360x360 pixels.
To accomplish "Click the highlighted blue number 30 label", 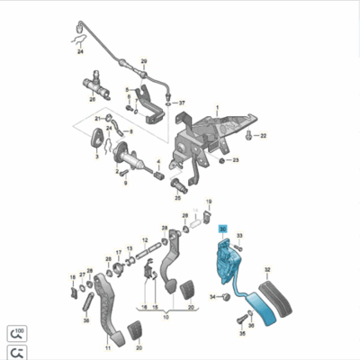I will pos(222,230).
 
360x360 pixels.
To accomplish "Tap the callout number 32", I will pos(266,269).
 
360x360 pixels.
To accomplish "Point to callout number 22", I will pos(265,135).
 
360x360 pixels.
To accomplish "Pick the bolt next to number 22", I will pos(250,135).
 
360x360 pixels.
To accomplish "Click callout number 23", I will pos(236,160).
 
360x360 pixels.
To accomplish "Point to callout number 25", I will pos(177,197).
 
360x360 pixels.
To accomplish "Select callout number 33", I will pos(239,235).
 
